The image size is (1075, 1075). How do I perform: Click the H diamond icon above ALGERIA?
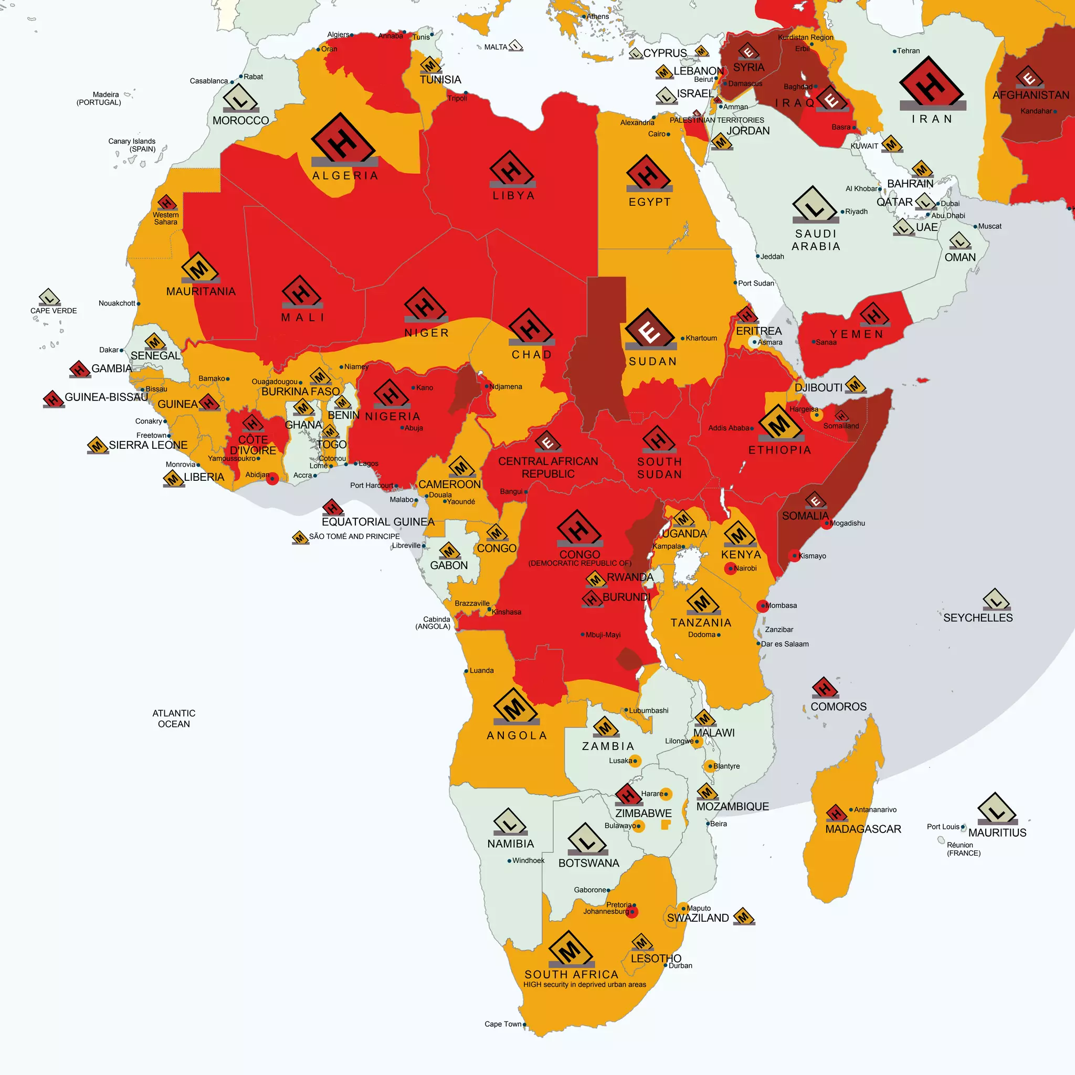point(343,139)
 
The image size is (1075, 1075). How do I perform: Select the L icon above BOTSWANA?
point(587,838)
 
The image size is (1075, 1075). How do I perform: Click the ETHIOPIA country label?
point(779,450)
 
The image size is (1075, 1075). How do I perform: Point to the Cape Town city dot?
point(525,1025)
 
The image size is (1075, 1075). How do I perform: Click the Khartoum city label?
point(701,338)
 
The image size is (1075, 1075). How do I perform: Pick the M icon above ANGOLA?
point(516,706)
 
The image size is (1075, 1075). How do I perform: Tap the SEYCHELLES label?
point(977,618)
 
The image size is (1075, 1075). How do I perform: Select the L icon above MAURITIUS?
point(997,808)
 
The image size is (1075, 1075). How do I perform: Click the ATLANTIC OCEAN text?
point(174,719)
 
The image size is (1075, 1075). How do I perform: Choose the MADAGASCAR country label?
point(863,829)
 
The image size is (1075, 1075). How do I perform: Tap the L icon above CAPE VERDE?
point(49,297)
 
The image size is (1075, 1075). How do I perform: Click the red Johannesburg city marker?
point(632,912)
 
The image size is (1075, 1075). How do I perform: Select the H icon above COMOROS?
point(825,688)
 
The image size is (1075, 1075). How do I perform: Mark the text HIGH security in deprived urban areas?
point(584,984)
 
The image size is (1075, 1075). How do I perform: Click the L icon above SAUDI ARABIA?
point(815,204)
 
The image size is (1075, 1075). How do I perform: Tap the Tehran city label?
point(908,50)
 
